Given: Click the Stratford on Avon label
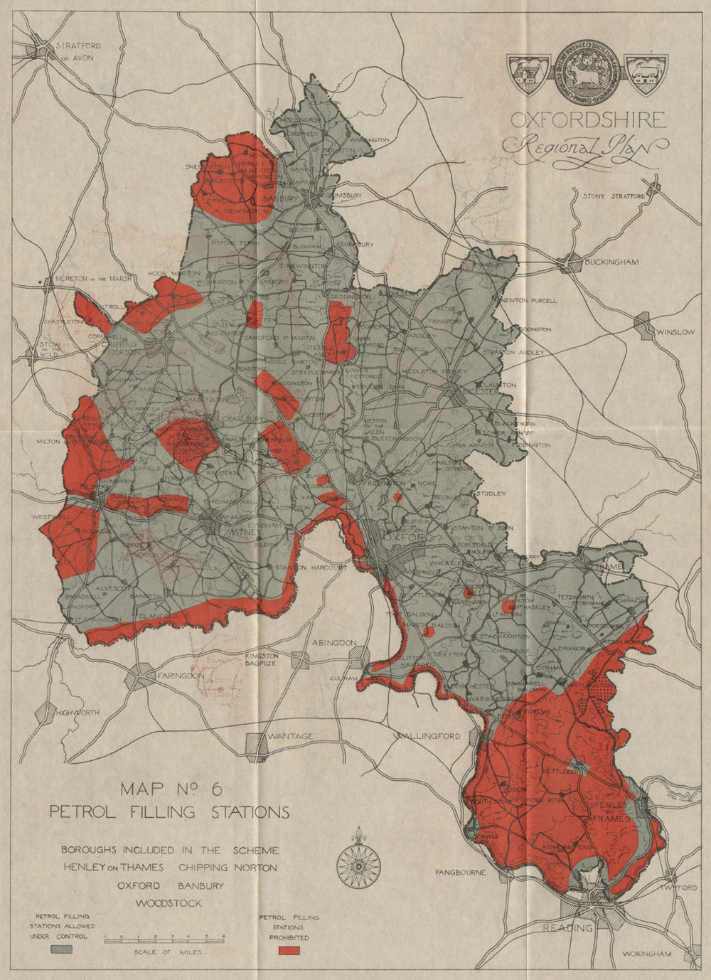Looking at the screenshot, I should (x=79, y=50).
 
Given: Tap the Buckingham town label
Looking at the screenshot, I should (x=611, y=262).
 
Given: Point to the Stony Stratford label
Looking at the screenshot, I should (x=613, y=196).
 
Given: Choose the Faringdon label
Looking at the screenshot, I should (x=181, y=675).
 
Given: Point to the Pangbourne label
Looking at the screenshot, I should (x=461, y=872).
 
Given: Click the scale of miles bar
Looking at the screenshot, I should (x=165, y=939).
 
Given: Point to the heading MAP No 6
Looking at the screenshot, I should (x=171, y=789).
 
